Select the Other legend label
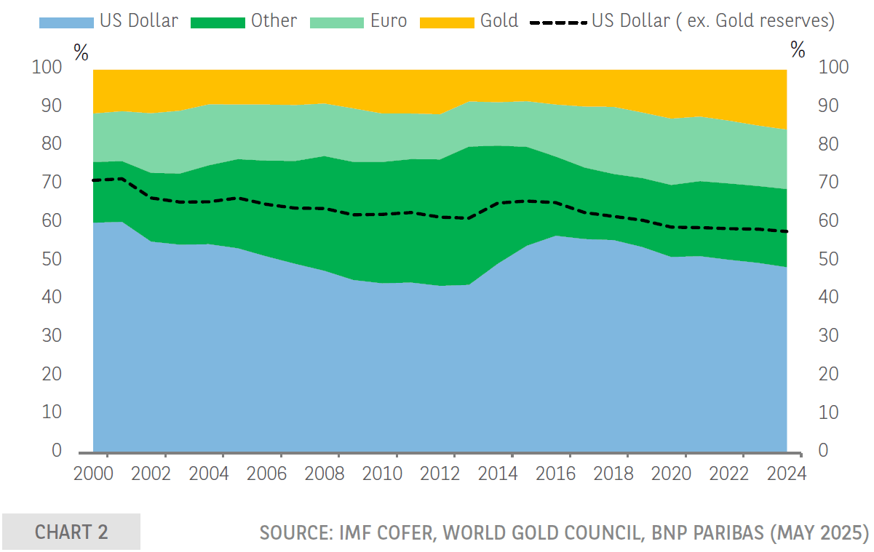point(274,20)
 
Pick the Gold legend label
point(499,20)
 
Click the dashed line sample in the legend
point(558,23)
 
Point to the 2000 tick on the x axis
point(95,473)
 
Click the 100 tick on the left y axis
point(47,68)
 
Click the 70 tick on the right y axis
point(833,183)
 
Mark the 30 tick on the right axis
point(833,336)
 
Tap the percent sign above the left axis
point(81,52)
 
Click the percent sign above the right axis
point(798,50)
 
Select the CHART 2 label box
point(71,532)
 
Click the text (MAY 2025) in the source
point(819,532)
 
